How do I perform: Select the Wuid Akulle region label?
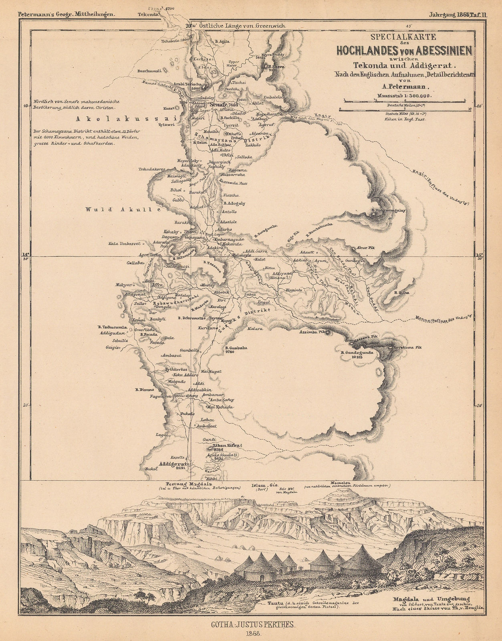pos(123,209)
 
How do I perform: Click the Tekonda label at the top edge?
pos(148,14)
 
